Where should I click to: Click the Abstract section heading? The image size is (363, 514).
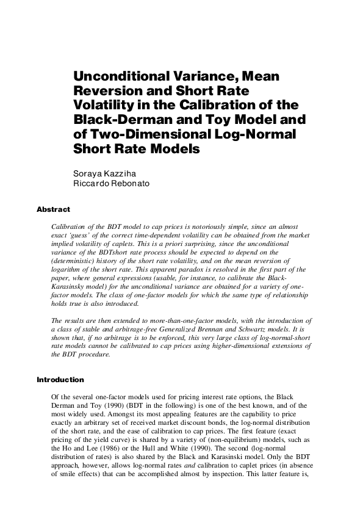(53, 209)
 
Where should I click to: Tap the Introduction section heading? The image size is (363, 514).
(60, 380)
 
